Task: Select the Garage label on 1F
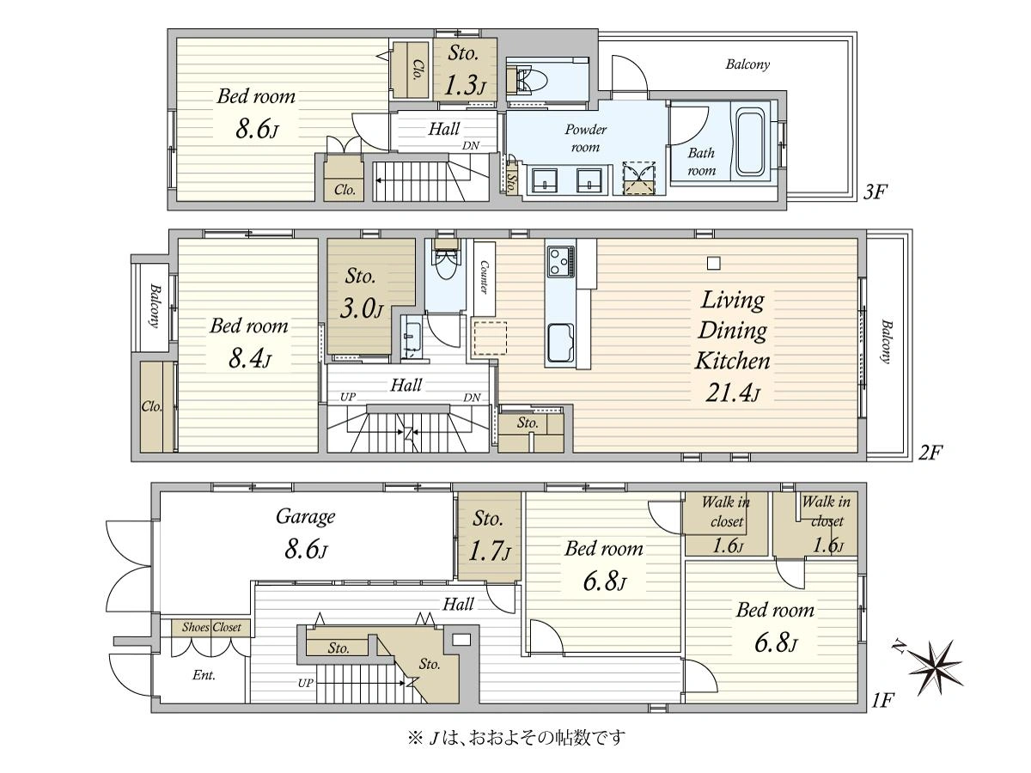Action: coord(305,518)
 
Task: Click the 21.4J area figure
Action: coord(732,393)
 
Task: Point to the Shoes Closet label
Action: coord(211,627)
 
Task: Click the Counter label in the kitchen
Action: coord(484,277)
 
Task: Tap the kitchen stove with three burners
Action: coord(560,261)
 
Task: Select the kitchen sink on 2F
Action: coord(560,343)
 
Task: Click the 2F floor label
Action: coord(929,453)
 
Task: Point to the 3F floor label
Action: coord(875,192)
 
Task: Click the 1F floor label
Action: coord(882,701)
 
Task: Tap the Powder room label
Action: coord(585,138)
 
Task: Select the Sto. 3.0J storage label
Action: coord(361,293)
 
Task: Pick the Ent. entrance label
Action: coord(204,675)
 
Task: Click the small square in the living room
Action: coord(713,264)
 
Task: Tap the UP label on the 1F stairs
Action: coord(305,683)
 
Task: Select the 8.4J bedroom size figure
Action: coord(249,360)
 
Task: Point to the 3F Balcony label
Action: coord(747,64)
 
